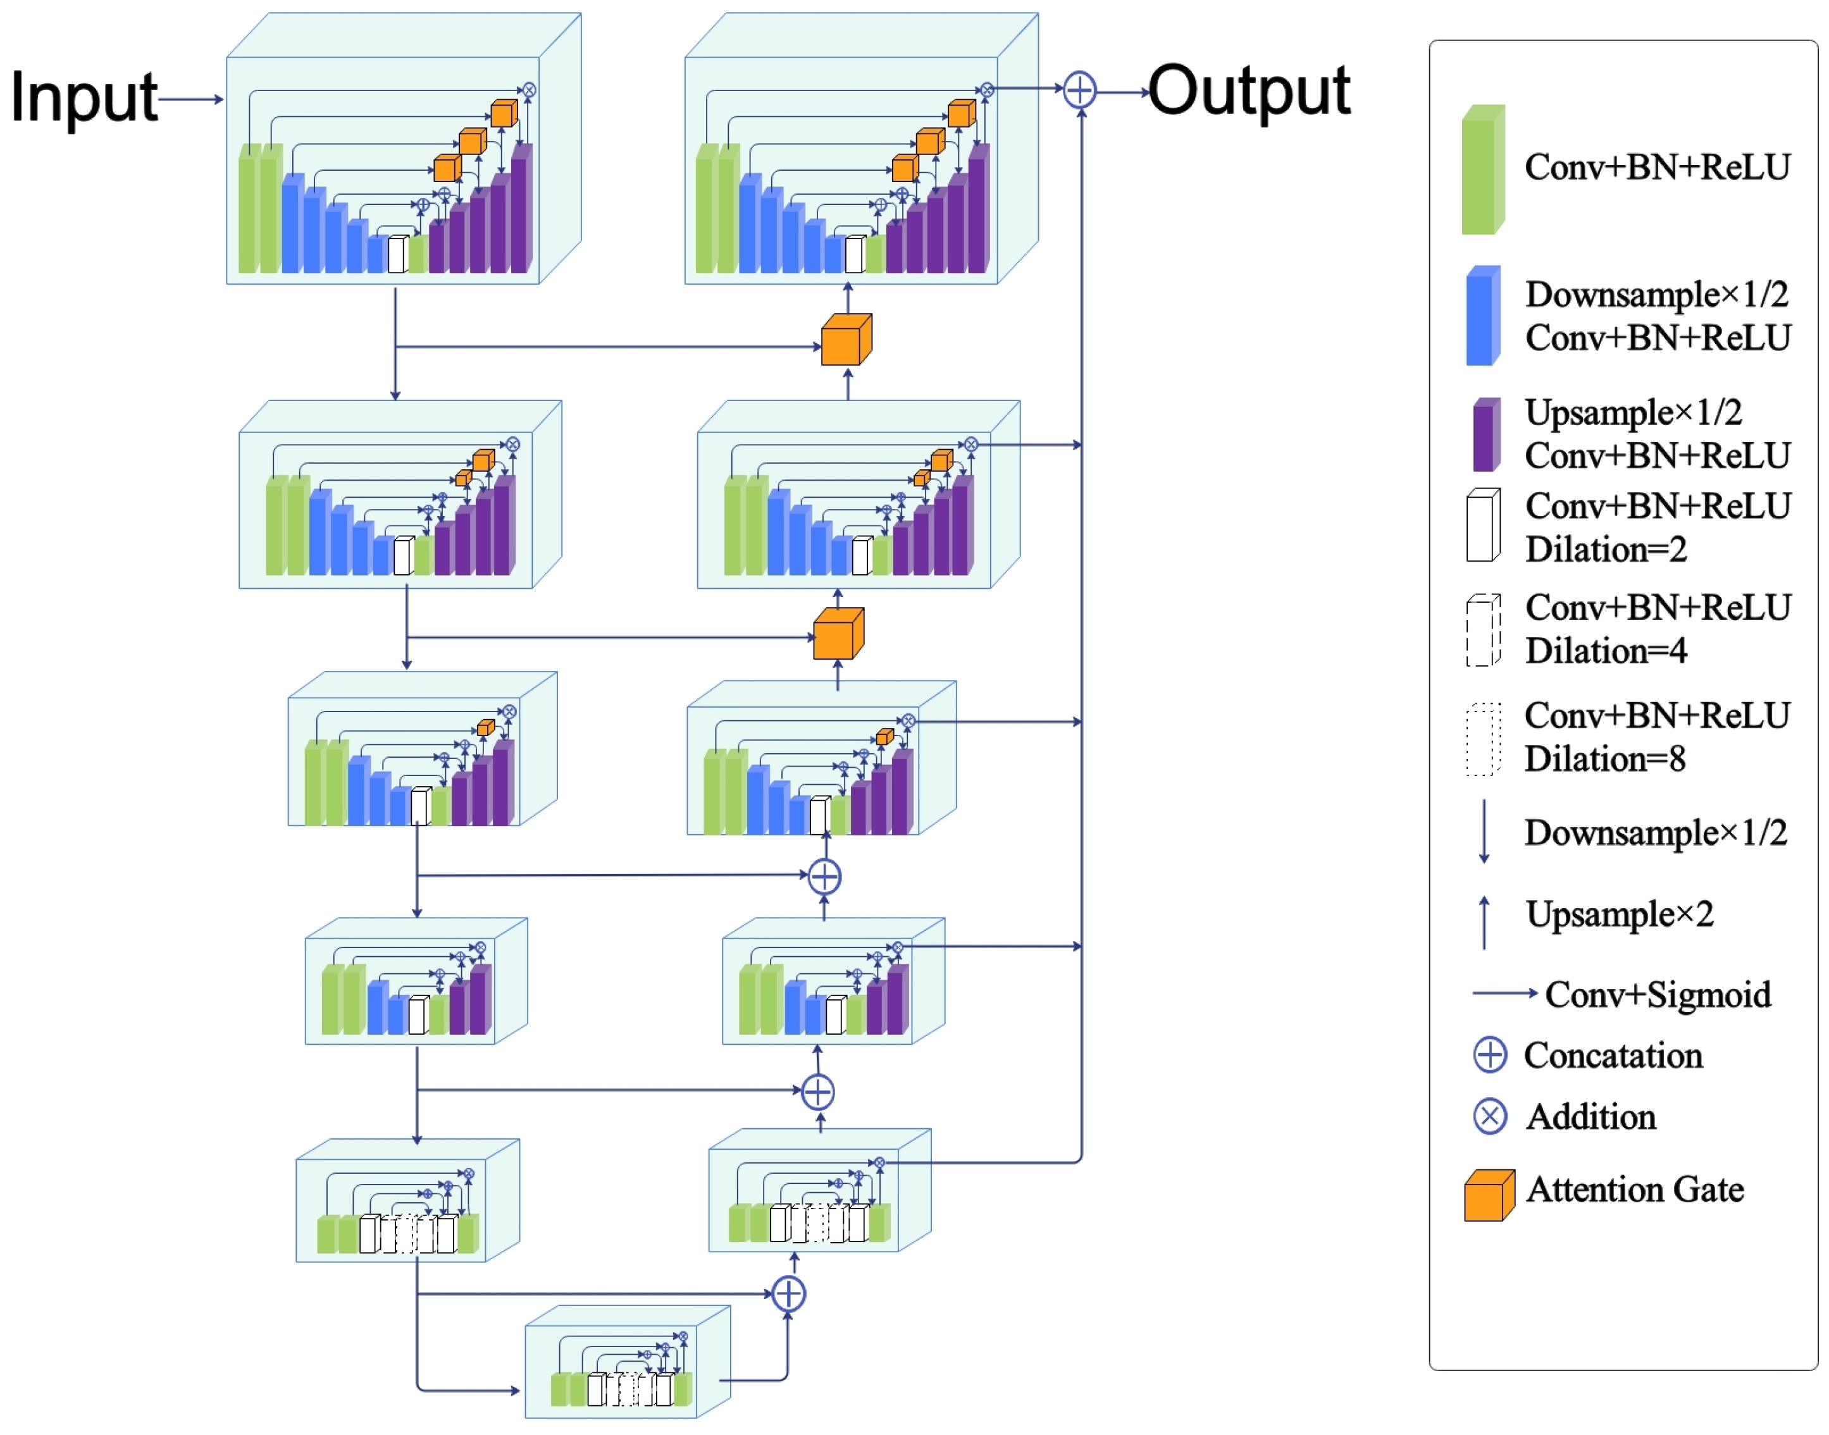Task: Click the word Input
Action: click(84, 97)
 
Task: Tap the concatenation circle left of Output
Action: click(1079, 90)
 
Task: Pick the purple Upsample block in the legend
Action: click(1485, 435)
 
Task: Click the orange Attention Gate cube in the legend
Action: click(1489, 1195)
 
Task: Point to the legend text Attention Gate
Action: click(1635, 1190)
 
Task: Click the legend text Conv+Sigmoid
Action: click(1658, 995)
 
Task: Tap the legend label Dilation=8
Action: click(1604, 760)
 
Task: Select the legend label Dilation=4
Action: click(1606, 651)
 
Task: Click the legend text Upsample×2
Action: click(1620, 914)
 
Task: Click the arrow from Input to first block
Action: click(191, 99)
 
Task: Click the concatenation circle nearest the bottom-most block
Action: click(788, 1294)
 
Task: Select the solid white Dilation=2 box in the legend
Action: click(1483, 526)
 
